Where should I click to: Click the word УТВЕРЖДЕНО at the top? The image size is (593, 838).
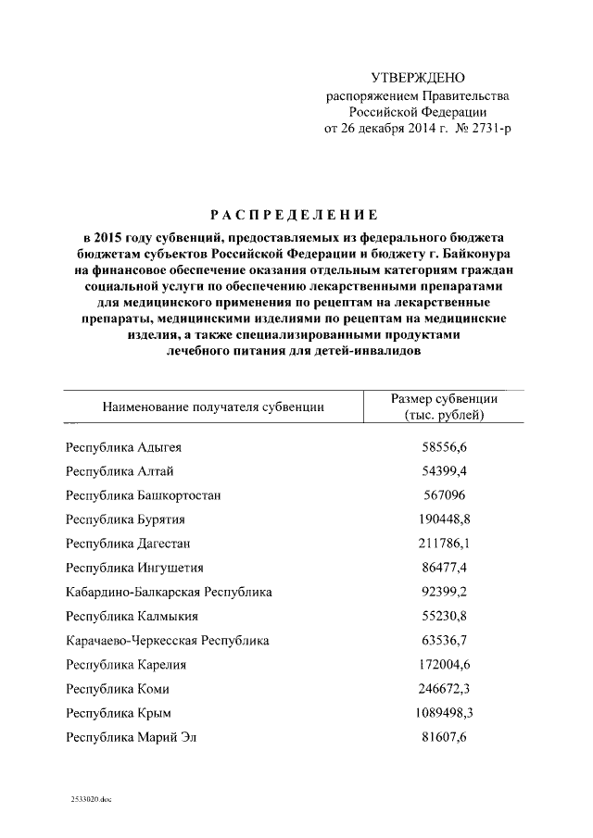pyautogui.click(x=417, y=77)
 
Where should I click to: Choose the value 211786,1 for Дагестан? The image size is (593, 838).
pyautogui.click(x=445, y=543)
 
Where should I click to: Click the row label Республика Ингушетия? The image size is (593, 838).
pyautogui.click(x=134, y=567)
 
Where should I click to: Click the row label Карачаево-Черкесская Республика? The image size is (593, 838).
pyautogui.click(x=168, y=639)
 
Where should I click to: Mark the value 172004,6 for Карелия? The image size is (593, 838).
pyautogui.click(x=445, y=663)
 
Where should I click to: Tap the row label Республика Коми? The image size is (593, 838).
pyautogui.click(x=118, y=688)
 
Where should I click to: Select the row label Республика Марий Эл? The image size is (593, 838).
pyautogui.click(x=132, y=736)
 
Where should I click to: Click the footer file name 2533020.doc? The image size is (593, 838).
pyautogui.click(x=90, y=798)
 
